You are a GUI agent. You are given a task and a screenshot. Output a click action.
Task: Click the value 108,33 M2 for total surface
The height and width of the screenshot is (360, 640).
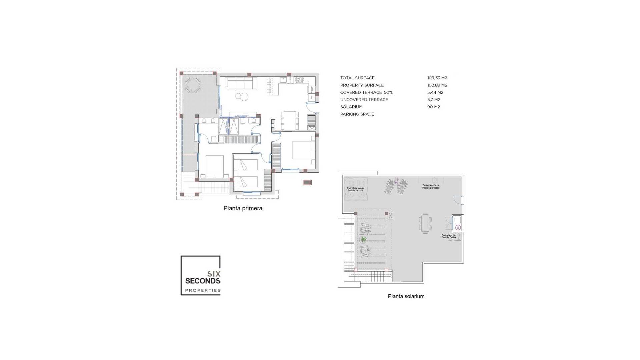437,78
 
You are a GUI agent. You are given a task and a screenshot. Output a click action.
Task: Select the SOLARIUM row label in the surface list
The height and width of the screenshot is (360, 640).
351,107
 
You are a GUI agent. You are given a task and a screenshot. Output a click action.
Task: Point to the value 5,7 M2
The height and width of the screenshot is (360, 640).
434,100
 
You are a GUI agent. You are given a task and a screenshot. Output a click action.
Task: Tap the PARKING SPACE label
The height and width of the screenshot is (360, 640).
357,114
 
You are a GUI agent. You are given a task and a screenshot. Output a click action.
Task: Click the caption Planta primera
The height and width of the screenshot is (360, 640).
243,208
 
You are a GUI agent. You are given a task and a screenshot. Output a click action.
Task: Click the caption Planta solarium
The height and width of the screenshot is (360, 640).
406,296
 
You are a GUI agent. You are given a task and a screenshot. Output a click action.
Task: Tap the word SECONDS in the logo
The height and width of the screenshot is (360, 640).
203,281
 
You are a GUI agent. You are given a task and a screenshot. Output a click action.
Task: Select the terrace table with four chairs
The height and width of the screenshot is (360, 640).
193,85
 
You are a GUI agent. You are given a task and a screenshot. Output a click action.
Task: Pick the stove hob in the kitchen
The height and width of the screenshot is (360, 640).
299,79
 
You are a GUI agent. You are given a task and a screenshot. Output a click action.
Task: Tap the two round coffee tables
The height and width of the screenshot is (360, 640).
242,97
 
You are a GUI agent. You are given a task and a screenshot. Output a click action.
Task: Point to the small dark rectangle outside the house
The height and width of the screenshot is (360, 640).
307,182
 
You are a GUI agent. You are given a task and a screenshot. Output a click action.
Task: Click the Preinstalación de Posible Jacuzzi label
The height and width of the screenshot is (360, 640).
355,189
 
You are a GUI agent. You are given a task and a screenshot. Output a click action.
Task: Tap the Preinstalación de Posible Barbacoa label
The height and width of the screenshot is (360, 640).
431,186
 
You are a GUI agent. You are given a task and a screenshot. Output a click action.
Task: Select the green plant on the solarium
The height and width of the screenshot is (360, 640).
363,239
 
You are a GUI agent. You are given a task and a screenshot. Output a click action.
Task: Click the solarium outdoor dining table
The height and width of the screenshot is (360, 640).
425,224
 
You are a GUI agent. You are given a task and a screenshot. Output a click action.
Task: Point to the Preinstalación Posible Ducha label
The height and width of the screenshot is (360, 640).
449,236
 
